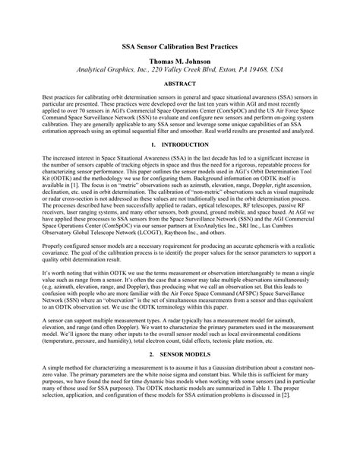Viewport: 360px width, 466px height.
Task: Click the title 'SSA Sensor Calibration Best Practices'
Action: [180, 47]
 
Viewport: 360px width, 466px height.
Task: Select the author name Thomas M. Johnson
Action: [180, 60]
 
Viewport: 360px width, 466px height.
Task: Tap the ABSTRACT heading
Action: [180, 84]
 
